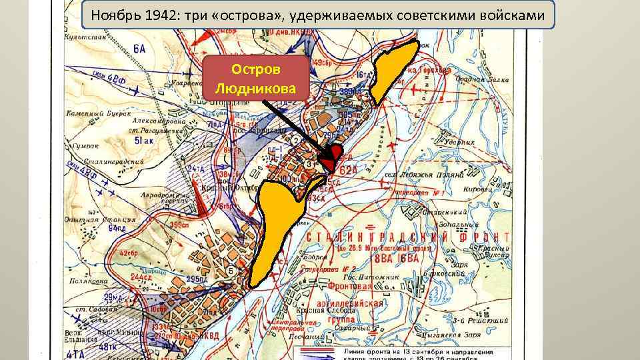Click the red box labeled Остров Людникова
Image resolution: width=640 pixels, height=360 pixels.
click(x=255, y=79)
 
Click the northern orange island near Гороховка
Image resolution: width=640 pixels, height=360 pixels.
click(x=393, y=67)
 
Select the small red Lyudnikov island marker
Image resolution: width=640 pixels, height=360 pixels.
click(x=331, y=159)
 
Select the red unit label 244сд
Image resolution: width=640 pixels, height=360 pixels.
click(x=141, y=276)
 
